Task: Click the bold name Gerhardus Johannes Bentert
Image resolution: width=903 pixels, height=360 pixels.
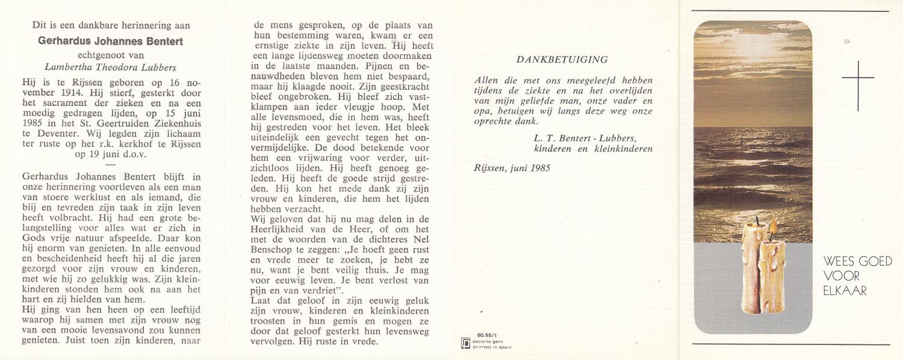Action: point(111,42)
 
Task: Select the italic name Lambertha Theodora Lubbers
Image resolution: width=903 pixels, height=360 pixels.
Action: point(110,67)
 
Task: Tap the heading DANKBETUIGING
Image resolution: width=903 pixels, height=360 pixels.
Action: point(562,60)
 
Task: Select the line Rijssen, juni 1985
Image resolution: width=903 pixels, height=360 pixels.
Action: point(512,169)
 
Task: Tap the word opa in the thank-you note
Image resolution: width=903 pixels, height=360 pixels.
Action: point(482,111)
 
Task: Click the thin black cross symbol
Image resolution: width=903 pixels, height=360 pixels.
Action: point(858,79)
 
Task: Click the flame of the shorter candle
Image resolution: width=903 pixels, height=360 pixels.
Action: point(773,228)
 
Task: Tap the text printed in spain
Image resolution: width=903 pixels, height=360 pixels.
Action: point(492,347)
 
